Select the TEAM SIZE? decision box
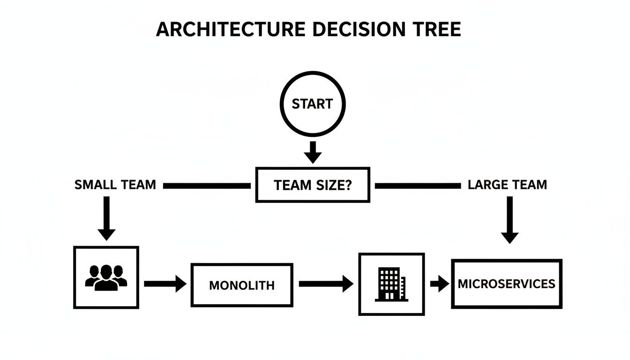(x=313, y=185)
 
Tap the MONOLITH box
(x=242, y=285)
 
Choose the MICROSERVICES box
(x=506, y=284)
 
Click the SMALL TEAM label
(x=115, y=185)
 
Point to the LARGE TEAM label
(x=507, y=185)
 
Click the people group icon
(x=106, y=277)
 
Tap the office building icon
(x=391, y=284)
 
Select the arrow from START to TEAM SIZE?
(x=313, y=151)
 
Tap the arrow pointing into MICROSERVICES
(x=440, y=284)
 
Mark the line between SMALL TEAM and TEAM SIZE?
(x=206, y=186)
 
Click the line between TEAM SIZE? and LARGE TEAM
(x=418, y=186)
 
